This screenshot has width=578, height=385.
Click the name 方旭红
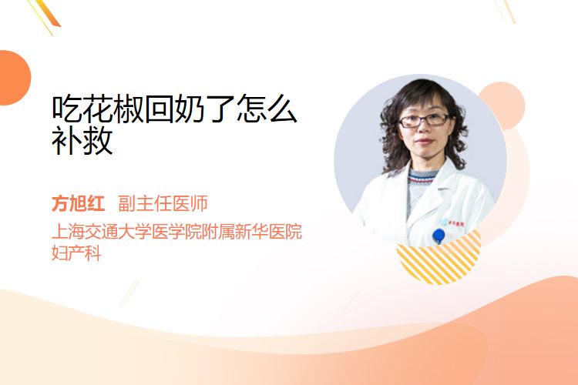78,203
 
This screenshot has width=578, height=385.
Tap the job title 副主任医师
163,203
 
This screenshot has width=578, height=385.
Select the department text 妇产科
76,253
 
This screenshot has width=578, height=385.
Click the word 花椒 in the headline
113,109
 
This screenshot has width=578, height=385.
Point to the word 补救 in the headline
82,140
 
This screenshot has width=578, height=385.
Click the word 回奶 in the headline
175,109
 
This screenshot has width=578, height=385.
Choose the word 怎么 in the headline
267,109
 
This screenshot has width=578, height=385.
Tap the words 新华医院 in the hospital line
269,231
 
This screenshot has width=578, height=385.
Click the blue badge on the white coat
439,235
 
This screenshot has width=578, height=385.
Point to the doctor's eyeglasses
424,120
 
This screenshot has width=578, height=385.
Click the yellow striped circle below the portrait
439,259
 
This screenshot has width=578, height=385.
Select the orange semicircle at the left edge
14,78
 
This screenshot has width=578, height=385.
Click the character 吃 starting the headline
67,109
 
